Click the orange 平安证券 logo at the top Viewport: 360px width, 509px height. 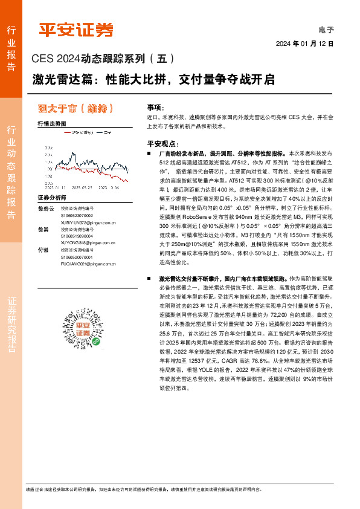pos(76,29)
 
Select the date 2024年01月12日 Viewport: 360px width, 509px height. pos(305,44)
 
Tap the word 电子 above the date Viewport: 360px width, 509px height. pos(326,29)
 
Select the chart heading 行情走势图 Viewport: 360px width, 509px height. pos(52,123)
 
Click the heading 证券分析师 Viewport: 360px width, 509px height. pos(52,198)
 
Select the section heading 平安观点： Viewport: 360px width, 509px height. pos(161,144)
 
